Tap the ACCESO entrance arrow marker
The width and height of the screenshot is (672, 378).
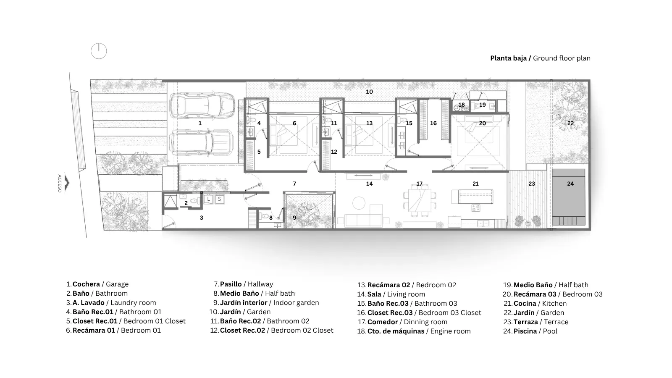coord(67,183)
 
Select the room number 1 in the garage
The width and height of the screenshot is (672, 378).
coord(200,123)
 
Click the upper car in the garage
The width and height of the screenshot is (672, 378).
coord(202,105)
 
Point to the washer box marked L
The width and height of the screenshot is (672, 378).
coord(208,199)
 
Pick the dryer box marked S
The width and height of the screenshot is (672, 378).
coord(220,199)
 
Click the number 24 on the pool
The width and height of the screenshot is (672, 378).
coord(570,184)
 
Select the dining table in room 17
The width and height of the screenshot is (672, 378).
coord(420,200)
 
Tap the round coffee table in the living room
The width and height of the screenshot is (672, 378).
coord(359,203)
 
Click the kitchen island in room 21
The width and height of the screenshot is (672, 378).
coord(475,197)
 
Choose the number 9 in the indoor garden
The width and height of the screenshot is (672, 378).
coord(294,218)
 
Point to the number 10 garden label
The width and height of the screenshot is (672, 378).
coord(369,92)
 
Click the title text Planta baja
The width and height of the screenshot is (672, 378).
coord(509,58)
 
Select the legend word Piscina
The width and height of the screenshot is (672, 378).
coord(525,331)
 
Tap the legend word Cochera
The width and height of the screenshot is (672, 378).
coord(86,284)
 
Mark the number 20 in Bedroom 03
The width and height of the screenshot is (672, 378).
coord(483,123)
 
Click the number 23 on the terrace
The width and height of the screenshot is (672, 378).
coord(532,184)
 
